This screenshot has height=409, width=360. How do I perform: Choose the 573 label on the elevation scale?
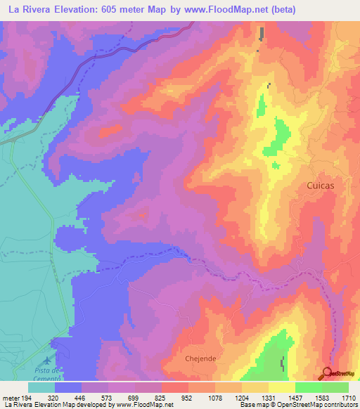106,396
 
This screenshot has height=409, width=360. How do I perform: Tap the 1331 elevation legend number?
267,396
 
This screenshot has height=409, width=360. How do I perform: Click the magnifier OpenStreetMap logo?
327,373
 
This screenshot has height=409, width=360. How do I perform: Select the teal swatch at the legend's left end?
41,387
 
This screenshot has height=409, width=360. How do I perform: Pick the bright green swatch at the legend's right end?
335,387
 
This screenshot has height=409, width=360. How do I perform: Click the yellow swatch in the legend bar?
281,387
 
